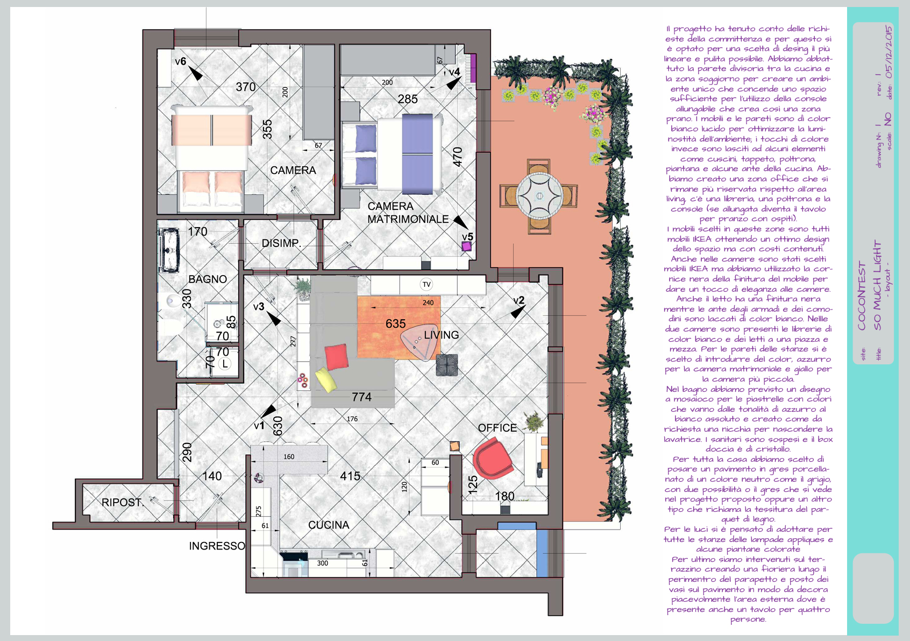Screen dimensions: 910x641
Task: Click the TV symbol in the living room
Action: tap(426, 284)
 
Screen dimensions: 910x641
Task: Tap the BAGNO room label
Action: tap(208, 279)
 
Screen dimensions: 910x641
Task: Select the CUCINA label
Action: tap(329, 525)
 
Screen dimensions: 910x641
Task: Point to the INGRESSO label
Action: tap(217, 546)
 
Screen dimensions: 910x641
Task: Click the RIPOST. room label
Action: tap(122, 502)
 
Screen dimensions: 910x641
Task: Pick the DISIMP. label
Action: tap(281, 243)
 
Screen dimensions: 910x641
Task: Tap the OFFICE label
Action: tap(497, 428)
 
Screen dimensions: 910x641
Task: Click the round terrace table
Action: tap(539, 196)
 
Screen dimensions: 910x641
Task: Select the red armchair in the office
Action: tap(492, 458)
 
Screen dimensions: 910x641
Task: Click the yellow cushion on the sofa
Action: tap(326, 379)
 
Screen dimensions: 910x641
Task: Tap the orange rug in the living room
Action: tap(399, 328)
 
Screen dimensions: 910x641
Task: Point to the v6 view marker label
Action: tap(180, 61)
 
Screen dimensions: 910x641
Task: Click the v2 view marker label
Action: tap(519, 300)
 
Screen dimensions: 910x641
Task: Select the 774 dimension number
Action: tap(361, 397)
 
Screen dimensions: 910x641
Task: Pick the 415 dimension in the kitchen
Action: tap(350, 476)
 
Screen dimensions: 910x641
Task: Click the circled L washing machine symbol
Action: tap(225, 364)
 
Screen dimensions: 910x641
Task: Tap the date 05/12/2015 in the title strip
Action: tap(889, 52)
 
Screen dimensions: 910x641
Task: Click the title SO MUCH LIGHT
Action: tap(877, 285)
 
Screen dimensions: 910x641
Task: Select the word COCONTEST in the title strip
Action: tap(862, 296)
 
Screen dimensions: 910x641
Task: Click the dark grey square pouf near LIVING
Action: tap(447, 364)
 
